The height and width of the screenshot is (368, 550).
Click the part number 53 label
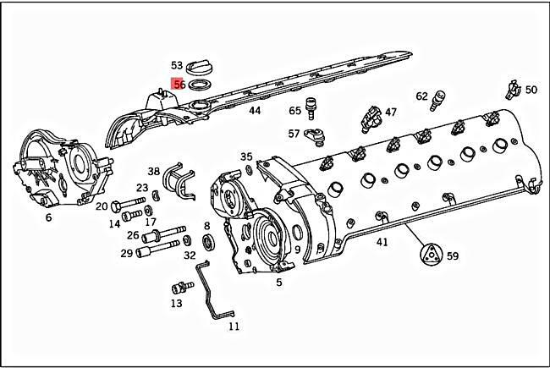tap(177, 65)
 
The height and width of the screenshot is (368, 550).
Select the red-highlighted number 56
tap(179, 85)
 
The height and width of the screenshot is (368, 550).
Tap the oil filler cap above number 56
tap(201, 66)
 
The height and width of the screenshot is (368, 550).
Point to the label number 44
tap(254, 111)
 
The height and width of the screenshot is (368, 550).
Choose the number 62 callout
tap(422, 97)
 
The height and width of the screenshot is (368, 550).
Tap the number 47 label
tap(391, 112)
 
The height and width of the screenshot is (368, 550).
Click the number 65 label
tap(295, 111)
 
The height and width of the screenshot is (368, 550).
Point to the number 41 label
tap(382, 242)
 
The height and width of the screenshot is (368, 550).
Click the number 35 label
tap(246, 157)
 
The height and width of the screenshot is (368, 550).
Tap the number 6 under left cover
tap(48, 217)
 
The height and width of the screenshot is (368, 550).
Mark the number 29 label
tap(126, 253)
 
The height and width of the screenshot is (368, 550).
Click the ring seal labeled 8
tap(207, 244)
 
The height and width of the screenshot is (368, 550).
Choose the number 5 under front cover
tap(279, 282)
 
